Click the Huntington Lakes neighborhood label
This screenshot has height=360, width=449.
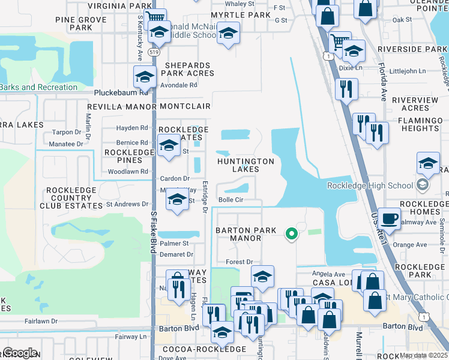pos(246,165)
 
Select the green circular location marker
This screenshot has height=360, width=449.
pos(291,233)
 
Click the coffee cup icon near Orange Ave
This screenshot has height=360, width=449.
pos(389,218)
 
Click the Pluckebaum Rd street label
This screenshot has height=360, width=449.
pos(121,93)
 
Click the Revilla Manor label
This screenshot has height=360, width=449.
pos(122,106)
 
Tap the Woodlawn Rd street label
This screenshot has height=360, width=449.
pos(127,172)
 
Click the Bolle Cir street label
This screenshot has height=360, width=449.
pos(231,200)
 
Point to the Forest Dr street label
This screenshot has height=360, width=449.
pos(240,262)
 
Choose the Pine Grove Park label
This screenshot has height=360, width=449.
pos(80,23)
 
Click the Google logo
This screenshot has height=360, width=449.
pos(19,353)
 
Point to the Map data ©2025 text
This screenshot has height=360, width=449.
pos(424,355)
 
